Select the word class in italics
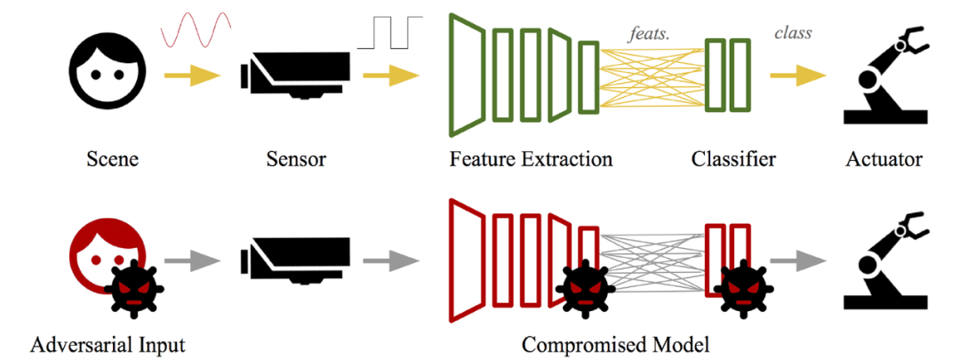793,34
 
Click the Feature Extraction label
531,160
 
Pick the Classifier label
732,160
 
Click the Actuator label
884,160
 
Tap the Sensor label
295,160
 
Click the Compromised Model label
616,343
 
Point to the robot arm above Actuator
884,76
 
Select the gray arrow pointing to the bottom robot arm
796,260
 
